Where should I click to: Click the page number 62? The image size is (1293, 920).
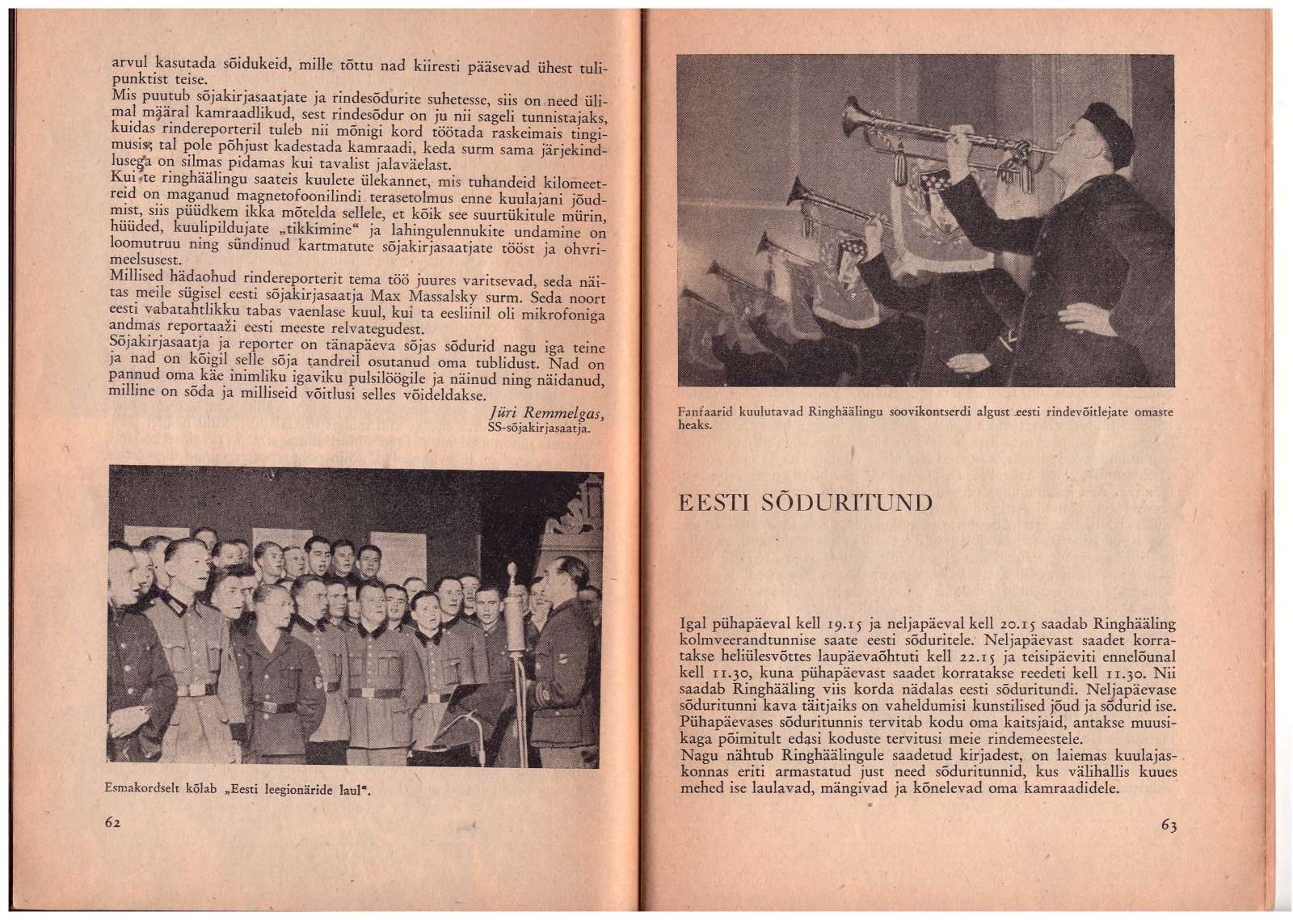112,821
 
